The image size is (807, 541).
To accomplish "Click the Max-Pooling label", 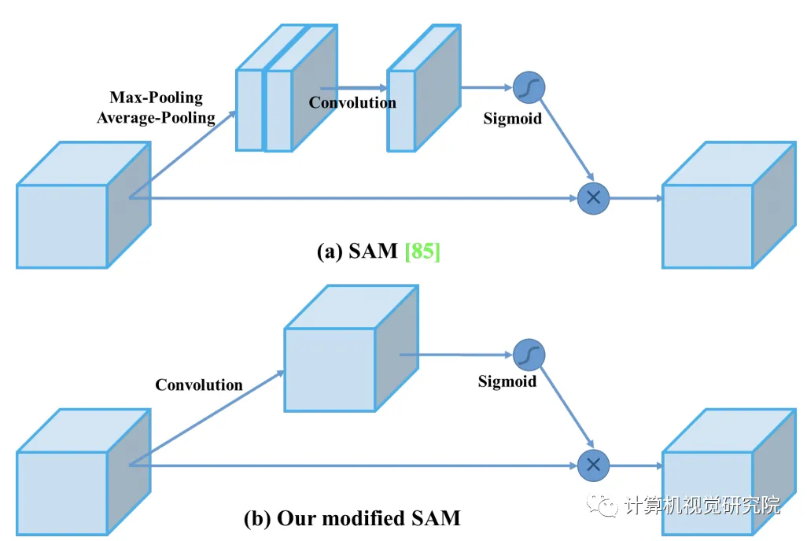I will click(x=156, y=98).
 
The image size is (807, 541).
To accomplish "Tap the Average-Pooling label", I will click(x=156, y=118).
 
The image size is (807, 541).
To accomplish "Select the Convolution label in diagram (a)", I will click(x=352, y=102).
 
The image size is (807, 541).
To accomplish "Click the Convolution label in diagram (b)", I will click(x=199, y=385).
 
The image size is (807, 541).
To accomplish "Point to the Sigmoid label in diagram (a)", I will click(x=512, y=120).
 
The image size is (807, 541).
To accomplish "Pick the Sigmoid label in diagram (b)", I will click(x=507, y=381).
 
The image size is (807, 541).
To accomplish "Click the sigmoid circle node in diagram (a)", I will click(x=529, y=87).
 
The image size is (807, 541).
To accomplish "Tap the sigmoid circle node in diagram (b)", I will click(x=529, y=355).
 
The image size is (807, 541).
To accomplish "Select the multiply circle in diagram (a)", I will click(x=593, y=198).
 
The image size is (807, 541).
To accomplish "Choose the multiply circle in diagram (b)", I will click(x=593, y=466).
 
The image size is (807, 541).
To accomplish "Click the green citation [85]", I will click(x=422, y=252).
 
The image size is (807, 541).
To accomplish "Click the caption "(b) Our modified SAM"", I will click(x=352, y=518).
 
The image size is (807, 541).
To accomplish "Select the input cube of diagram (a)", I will click(x=83, y=206).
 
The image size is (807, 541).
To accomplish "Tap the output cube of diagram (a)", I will click(x=728, y=206).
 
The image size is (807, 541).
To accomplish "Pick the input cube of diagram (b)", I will click(x=83, y=473).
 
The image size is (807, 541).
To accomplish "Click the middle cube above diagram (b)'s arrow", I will click(x=349, y=351).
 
